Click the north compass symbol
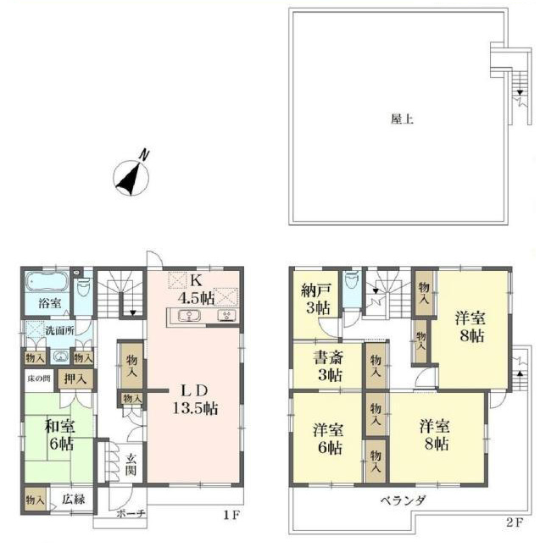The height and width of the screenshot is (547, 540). [131, 176]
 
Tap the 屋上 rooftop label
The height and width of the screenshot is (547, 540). [402, 119]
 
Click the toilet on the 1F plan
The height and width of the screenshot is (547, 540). [83, 287]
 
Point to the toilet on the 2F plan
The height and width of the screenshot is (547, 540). [352, 281]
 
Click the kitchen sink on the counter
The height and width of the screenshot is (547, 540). [189, 316]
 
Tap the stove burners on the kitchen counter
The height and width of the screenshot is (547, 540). [227, 316]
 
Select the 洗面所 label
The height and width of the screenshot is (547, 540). [59, 330]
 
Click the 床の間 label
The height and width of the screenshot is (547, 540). [39, 378]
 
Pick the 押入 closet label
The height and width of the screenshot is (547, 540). [75, 378]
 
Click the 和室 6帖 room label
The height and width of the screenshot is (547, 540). [60, 435]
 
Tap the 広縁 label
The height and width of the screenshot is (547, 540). [74, 499]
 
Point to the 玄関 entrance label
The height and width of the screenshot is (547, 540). [131, 464]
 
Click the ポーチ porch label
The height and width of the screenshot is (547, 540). [131, 513]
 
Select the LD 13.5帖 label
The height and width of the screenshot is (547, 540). [195, 400]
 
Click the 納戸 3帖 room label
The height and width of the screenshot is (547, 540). [315, 299]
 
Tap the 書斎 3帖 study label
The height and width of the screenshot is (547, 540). [328, 366]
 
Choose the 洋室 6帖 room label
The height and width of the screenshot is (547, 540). [328, 439]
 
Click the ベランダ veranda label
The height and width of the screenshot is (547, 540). [403, 500]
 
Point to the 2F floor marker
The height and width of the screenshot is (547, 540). [515, 522]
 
